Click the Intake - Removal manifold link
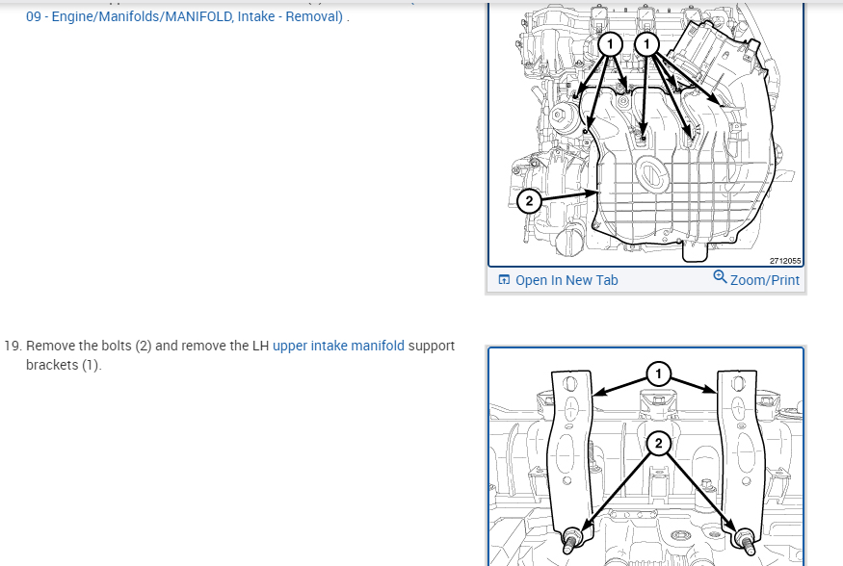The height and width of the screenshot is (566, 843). click(x=184, y=16)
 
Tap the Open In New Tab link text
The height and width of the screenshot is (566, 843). click(x=566, y=280)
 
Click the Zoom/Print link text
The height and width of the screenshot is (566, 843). click(x=765, y=280)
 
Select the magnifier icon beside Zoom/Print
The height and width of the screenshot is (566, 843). click(x=720, y=276)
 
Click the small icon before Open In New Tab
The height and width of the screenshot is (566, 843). click(x=504, y=280)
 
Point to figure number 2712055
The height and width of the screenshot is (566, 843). click(x=785, y=261)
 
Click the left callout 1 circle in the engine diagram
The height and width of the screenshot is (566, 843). click(x=610, y=44)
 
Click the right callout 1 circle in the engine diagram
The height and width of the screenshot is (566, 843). click(x=646, y=44)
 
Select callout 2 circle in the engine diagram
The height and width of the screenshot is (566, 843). click(x=529, y=201)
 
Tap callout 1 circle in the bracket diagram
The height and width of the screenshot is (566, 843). click(x=659, y=373)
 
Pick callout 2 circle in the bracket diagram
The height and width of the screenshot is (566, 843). click(x=659, y=444)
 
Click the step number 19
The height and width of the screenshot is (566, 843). click(x=13, y=346)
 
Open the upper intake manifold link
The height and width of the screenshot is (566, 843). click(x=339, y=346)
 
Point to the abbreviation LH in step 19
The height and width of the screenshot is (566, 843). click(x=261, y=346)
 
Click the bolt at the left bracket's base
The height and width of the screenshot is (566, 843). click(x=572, y=539)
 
